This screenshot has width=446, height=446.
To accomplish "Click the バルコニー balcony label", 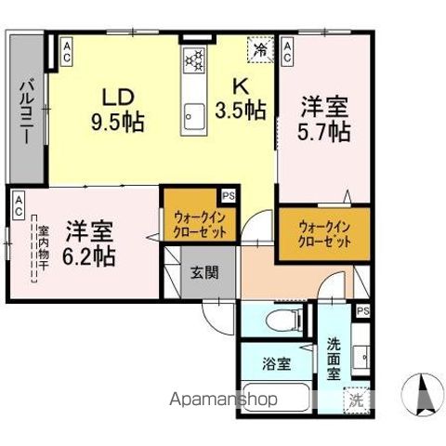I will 27,110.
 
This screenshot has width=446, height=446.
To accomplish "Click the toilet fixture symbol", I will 282,321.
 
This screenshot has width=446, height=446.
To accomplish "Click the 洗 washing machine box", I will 356,401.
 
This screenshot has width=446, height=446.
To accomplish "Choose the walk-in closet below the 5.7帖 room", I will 324,232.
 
